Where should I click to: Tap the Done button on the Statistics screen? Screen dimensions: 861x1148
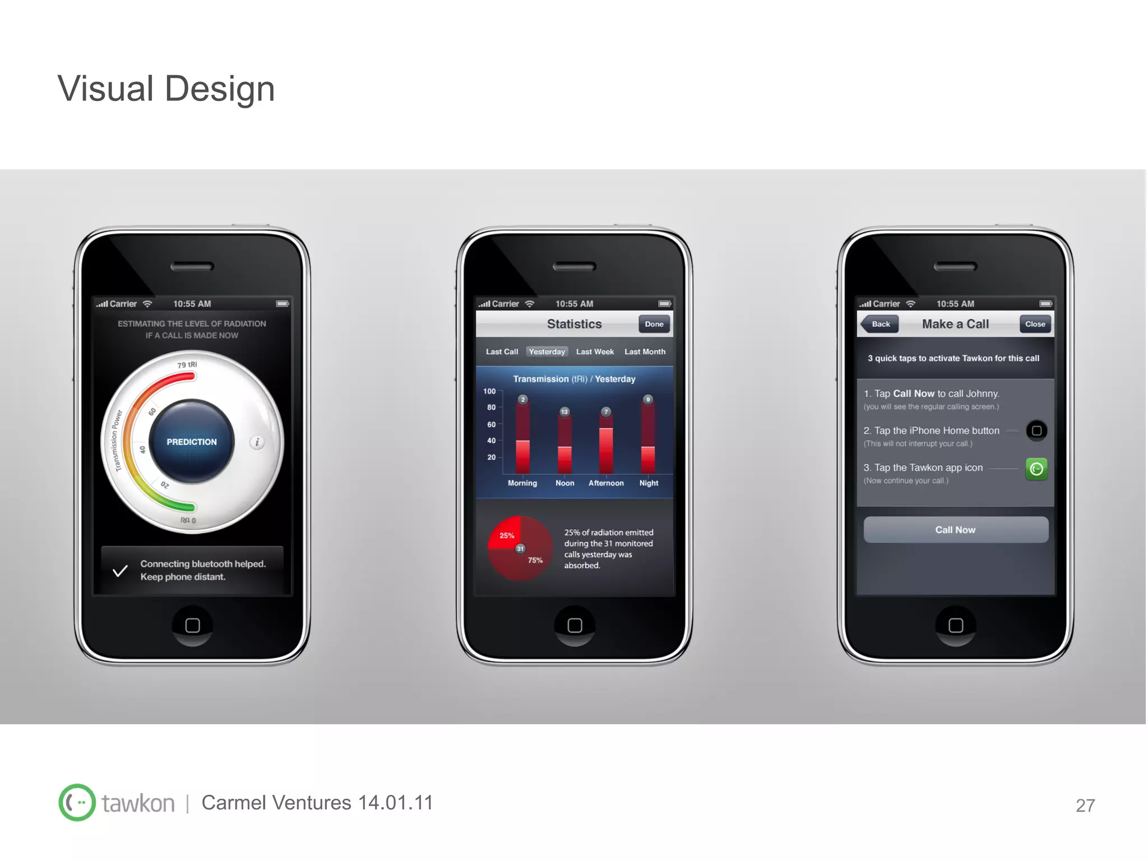[x=654, y=324]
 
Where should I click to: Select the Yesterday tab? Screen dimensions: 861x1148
[x=547, y=351]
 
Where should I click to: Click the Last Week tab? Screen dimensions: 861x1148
[x=595, y=351]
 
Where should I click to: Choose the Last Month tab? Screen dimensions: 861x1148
[x=645, y=351]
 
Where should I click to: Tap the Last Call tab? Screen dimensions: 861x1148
[x=502, y=351]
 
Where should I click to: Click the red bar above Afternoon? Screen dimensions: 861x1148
[x=606, y=450]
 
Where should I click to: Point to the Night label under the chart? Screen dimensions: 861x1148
[x=649, y=483]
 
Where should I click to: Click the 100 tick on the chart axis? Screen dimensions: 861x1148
[x=489, y=391]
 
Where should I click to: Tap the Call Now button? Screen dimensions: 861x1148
[x=955, y=530]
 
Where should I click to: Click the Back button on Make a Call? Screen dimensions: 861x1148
[x=880, y=324]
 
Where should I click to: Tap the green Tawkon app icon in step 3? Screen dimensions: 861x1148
[x=1036, y=469]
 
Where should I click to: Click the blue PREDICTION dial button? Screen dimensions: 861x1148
[x=192, y=442]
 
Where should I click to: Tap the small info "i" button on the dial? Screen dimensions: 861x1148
[x=257, y=442]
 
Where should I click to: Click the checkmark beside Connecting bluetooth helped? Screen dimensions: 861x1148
[x=120, y=571]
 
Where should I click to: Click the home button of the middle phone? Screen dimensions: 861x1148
[x=575, y=625]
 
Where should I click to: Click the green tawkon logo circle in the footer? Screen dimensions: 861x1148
[x=77, y=803]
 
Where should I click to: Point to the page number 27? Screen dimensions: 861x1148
[x=1085, y=806]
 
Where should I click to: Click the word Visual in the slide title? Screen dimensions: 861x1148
[x=105, y=89]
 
